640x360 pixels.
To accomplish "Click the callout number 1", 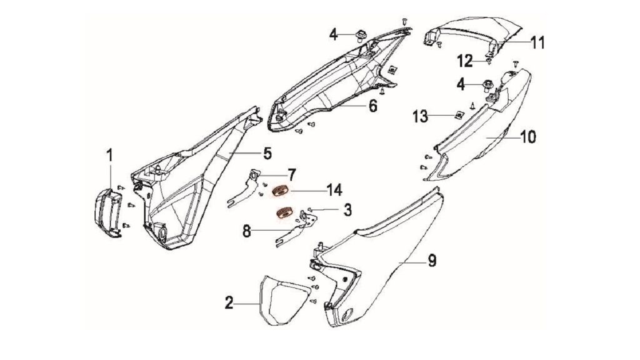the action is [109, 156].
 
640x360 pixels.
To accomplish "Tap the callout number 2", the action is [229, 303].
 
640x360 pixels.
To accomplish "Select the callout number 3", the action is [347, 210].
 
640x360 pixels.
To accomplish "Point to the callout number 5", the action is [267, 154].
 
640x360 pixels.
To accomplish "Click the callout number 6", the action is [373, 106].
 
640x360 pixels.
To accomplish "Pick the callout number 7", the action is [291, 175].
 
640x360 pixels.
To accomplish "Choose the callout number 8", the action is [246, 231].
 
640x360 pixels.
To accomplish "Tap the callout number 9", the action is [432, 261].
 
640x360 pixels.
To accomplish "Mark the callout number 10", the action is [528, 137].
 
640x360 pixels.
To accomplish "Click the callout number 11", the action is [537, 42].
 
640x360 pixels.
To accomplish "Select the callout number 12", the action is [465, 61].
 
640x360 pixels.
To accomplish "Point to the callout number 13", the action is [420, 116].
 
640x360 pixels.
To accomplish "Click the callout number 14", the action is [334, 190].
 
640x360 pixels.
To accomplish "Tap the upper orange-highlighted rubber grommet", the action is [280, 191].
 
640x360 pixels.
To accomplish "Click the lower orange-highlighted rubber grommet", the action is [284, 213].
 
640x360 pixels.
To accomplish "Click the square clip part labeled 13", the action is [459, 116].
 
